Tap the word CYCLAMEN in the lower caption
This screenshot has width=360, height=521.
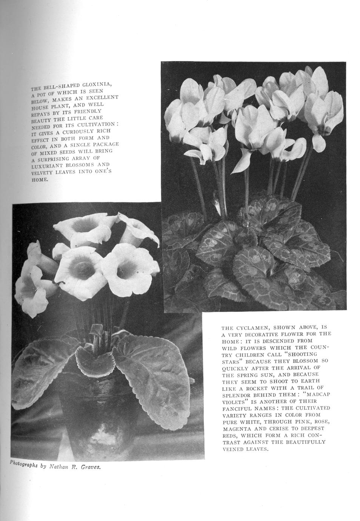coord(255,328)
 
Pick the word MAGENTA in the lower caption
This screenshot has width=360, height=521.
coord(236,429)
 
